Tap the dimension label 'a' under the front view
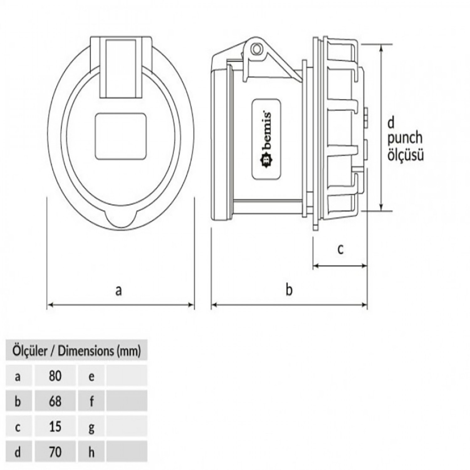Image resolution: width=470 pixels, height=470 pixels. pyautogui.click(x=118, y=290)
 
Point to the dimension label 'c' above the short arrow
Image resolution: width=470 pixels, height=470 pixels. pyautogui.click(x=340, y=249)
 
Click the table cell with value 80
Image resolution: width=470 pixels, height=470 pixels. pyautogui.click(x=55, y=376)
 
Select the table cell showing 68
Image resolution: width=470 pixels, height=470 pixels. pyautogui.click(x=55, y=401)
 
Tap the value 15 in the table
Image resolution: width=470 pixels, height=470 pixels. pyautogui.click(x=55, y=426)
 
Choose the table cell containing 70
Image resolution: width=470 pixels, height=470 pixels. pyautogui.click(x=55, y=452)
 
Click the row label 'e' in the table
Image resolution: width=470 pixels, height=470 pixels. pyautogui.click(x=91, y=376)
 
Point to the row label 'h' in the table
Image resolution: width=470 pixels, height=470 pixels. pyautogui.click(x=91, y=452)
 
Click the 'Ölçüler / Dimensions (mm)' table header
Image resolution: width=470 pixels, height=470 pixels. pyautogui.click(x=76, y=351)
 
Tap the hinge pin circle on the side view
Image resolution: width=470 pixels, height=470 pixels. pyautogui.click(x=257, y=48)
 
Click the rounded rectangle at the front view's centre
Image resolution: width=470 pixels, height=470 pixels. pyautogui.click(x=121, y=136)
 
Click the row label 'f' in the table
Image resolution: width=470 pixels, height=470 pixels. pyautogui.click(x=91, y=401)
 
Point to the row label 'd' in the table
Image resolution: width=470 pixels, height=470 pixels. pyautogui.click(x=18, y=452)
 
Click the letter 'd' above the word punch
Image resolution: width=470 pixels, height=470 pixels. pyautogui.click(x=391, y=123)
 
